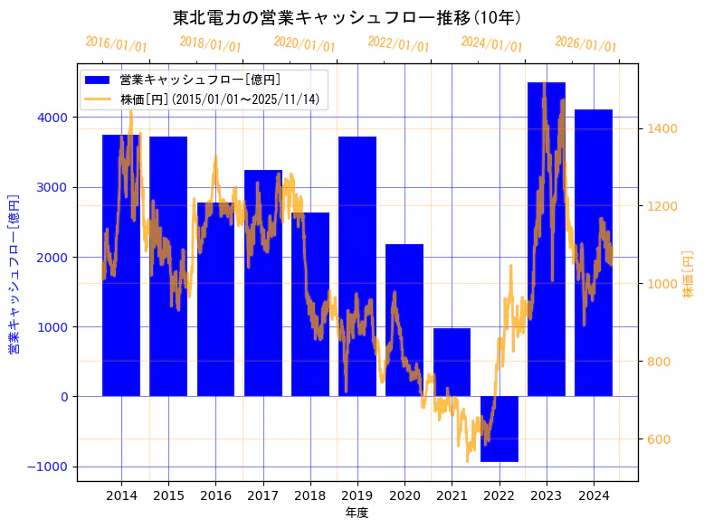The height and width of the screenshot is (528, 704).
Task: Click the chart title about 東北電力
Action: (347, 17)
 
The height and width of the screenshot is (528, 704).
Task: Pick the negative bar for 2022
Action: (499, 429)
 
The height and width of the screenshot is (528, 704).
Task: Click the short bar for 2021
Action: (452, 362)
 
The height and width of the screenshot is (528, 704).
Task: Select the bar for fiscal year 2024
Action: (594, 252)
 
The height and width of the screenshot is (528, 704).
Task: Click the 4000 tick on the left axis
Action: (52, 118)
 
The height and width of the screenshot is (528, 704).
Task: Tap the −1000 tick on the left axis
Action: (48, 467)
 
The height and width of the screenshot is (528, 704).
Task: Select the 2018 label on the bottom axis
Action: (310, 495)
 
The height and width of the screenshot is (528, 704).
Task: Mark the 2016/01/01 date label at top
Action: (117, 43)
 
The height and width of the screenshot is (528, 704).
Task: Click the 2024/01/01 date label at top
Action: (492, 43)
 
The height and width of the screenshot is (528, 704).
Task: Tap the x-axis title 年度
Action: (357, 514)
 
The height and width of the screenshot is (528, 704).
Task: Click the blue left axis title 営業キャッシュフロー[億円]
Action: (14, 272)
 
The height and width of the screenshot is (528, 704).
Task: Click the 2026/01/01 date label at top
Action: (586, 43)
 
